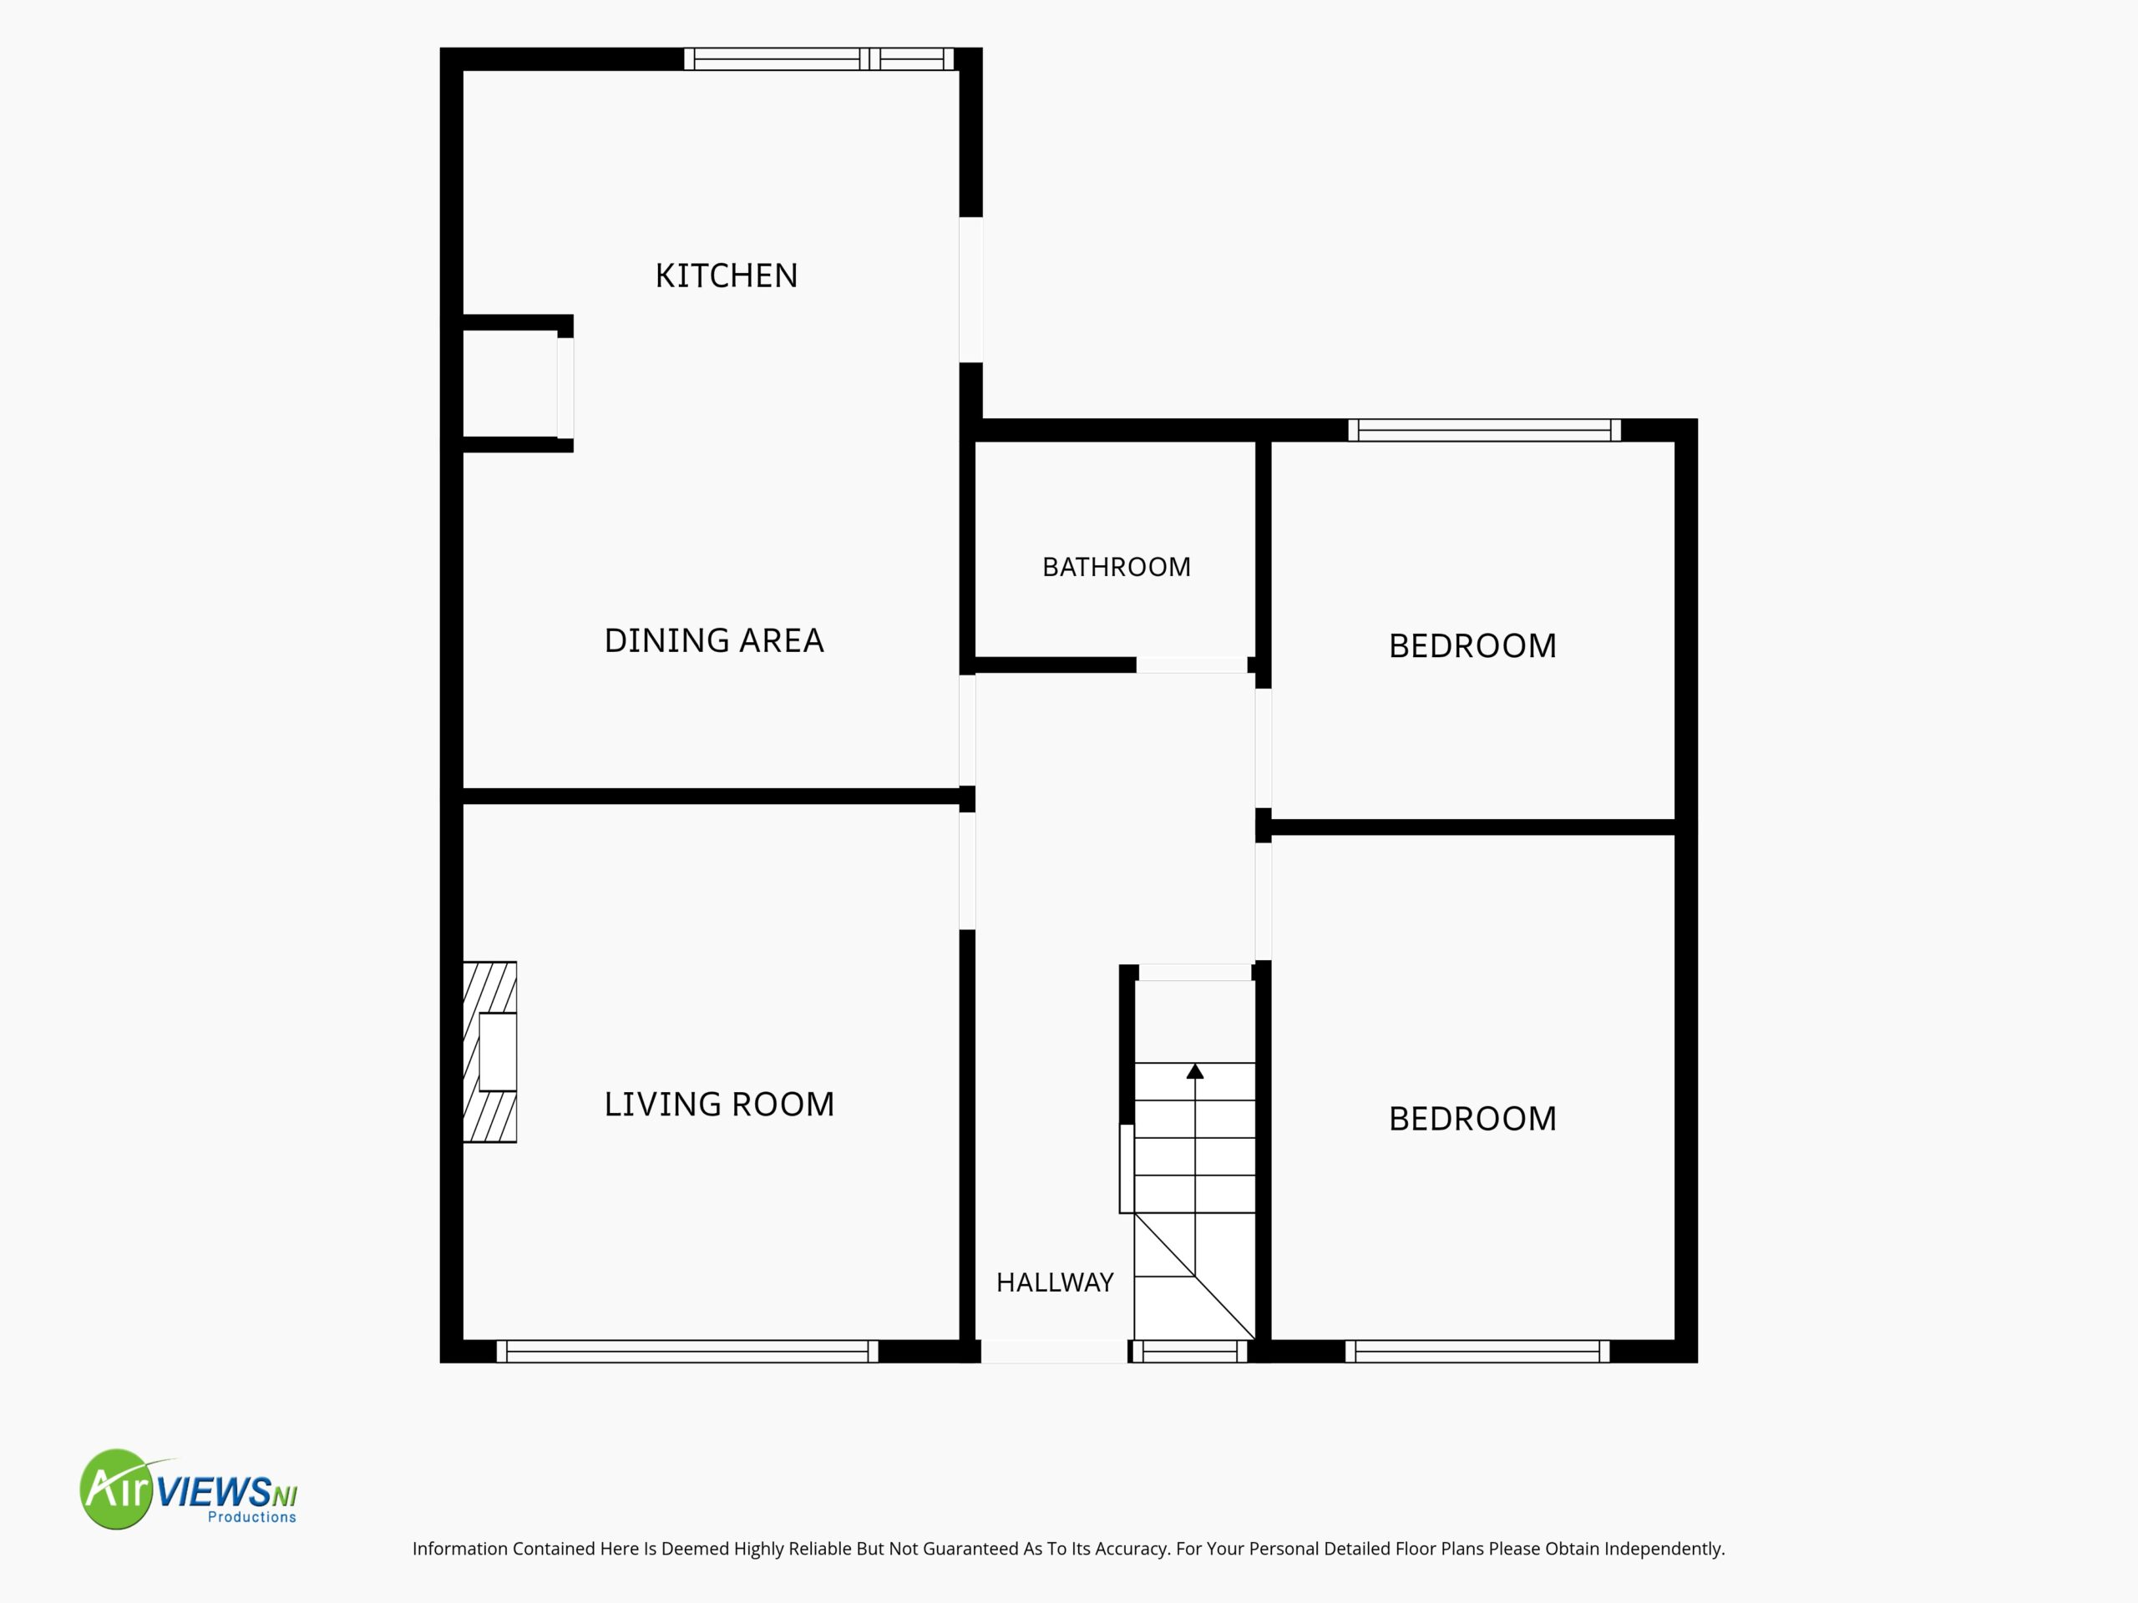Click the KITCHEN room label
pos(727,276)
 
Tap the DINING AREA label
pos(714,640)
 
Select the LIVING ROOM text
pos(719,1105)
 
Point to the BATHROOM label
pos(1117,567)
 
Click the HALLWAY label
pos(1056,1282)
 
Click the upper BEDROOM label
pos(1473,646)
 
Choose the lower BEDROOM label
pos(1473,1119)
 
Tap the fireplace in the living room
pos(490,1052)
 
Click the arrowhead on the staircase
pos(1196,1070)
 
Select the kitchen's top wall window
pos(818,59)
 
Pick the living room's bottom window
pos(687,1352)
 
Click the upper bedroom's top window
pos(1485,430)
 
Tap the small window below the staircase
pos(1190,1352)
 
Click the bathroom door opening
pos(1192,665)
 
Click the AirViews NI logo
pos(189,1489)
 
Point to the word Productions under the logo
pos(252,1517)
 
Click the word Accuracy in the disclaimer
pos(1131,1549)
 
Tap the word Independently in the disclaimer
pos(1664,1549)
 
